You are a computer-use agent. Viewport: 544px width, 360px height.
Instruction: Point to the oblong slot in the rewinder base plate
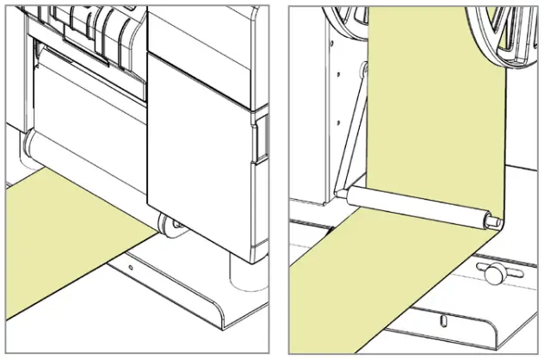tap(442, 321)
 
